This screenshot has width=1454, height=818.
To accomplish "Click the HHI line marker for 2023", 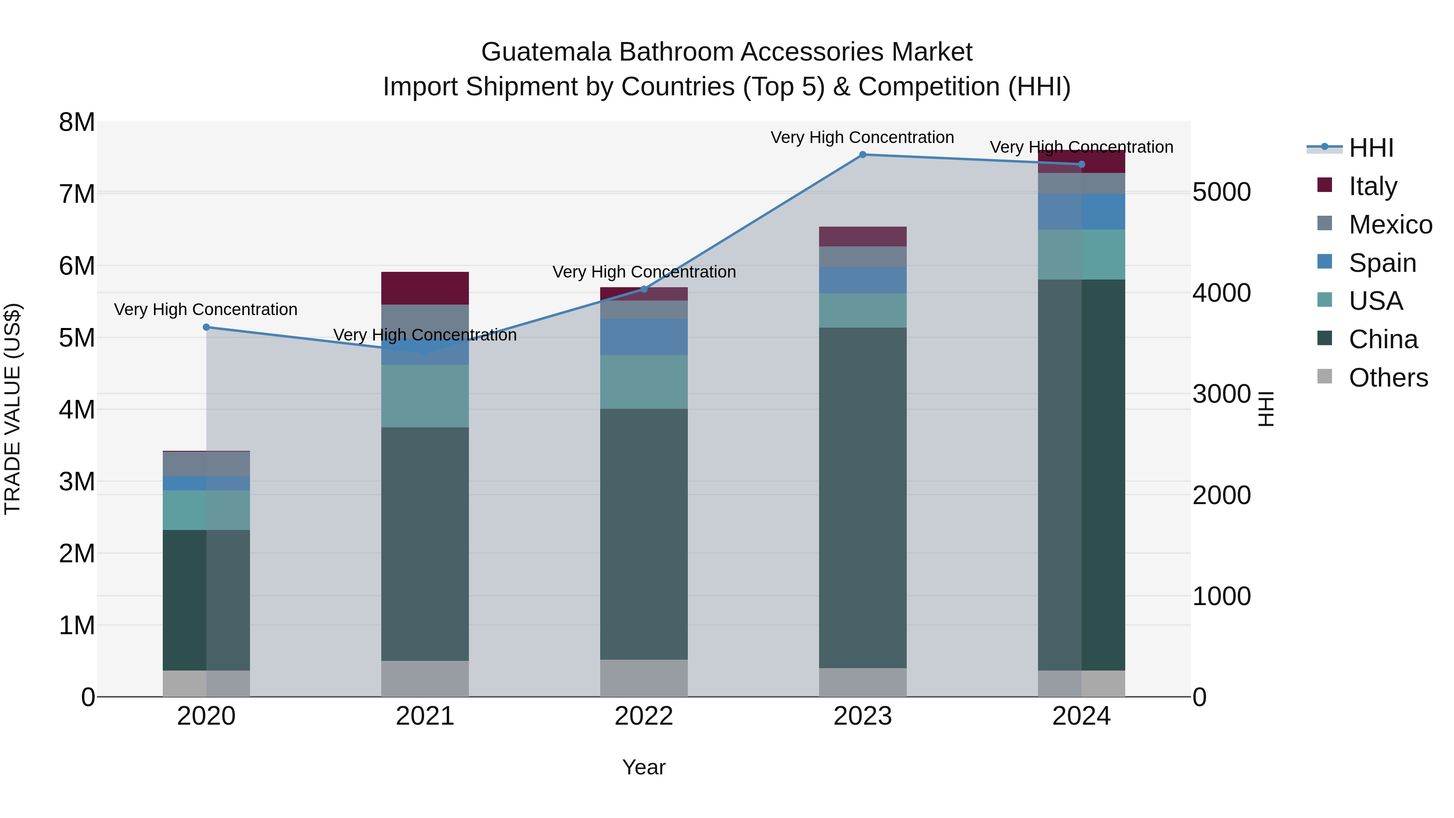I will click(x=862, y=155).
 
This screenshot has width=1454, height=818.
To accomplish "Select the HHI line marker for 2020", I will click(x=206, y=328).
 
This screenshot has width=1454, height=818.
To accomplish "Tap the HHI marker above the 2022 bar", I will click(x=644, y=290).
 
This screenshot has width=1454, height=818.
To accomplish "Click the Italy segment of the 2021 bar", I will click(x=425, y=288).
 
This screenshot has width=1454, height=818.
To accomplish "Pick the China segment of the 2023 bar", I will click(x=862, y=497).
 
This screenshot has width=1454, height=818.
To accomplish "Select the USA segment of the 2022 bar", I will click(x=644, y=382).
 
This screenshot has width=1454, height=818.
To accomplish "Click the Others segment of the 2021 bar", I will click(x=425, y=679).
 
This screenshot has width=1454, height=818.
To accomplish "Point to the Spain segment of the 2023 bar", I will click(x=862, y=280).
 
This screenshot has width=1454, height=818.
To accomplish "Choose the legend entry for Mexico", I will click(x=1390, y=225).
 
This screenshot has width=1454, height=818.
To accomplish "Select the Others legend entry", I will click(x=1387, y=378).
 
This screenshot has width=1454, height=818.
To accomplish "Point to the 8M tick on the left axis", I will click(x=77, y=122).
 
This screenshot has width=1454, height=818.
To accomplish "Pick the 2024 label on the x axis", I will click(x=1081, y=716).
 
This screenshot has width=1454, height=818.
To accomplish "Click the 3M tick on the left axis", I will click(x=77, y=482).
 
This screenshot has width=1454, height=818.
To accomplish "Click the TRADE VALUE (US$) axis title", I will click(x=13, y=409).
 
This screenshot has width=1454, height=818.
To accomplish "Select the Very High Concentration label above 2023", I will click(x=862, y=137).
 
